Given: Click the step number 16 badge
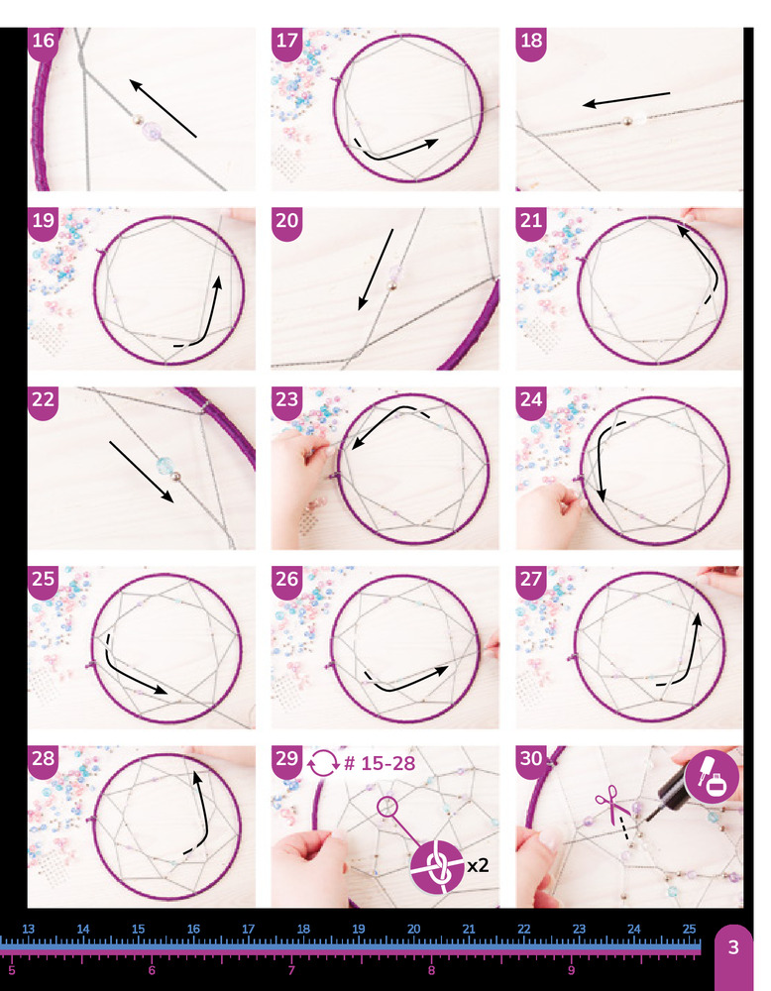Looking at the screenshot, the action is [x=43, y=43].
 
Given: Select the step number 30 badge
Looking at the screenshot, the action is [x=531, y=760].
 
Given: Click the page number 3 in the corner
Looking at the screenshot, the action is [x=733, y=947].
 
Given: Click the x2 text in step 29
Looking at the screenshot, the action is [x=479, y=865].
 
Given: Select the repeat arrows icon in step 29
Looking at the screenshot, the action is [x=323, y=763].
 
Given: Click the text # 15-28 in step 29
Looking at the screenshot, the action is [x=380, y=763].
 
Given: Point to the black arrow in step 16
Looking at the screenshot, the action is [x=163, y=107].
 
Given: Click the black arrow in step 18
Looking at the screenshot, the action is [x=625, y=99].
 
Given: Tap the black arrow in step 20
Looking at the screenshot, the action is [x=376, y=270].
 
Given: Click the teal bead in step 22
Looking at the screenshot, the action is [x=164, y=466].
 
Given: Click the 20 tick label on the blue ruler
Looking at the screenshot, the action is [x=413, y=930].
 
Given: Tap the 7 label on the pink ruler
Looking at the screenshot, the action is [x=291, y=970].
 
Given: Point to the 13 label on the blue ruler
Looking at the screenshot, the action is [x=29, y=930].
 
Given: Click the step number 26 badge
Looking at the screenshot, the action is [x=287, y=581].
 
